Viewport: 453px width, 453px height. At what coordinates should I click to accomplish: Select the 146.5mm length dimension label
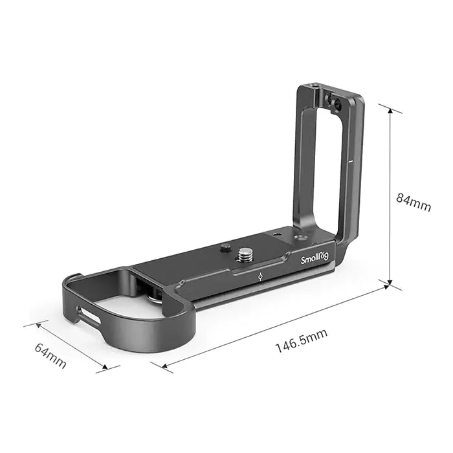(302, 341)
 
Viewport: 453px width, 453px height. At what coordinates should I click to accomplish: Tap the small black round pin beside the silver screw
(226, 247)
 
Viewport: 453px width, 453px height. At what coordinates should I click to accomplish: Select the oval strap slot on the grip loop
(90, 316)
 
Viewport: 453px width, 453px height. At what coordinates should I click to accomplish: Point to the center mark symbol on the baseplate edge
(259, 276)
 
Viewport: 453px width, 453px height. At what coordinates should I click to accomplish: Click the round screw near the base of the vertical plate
(300, 238)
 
